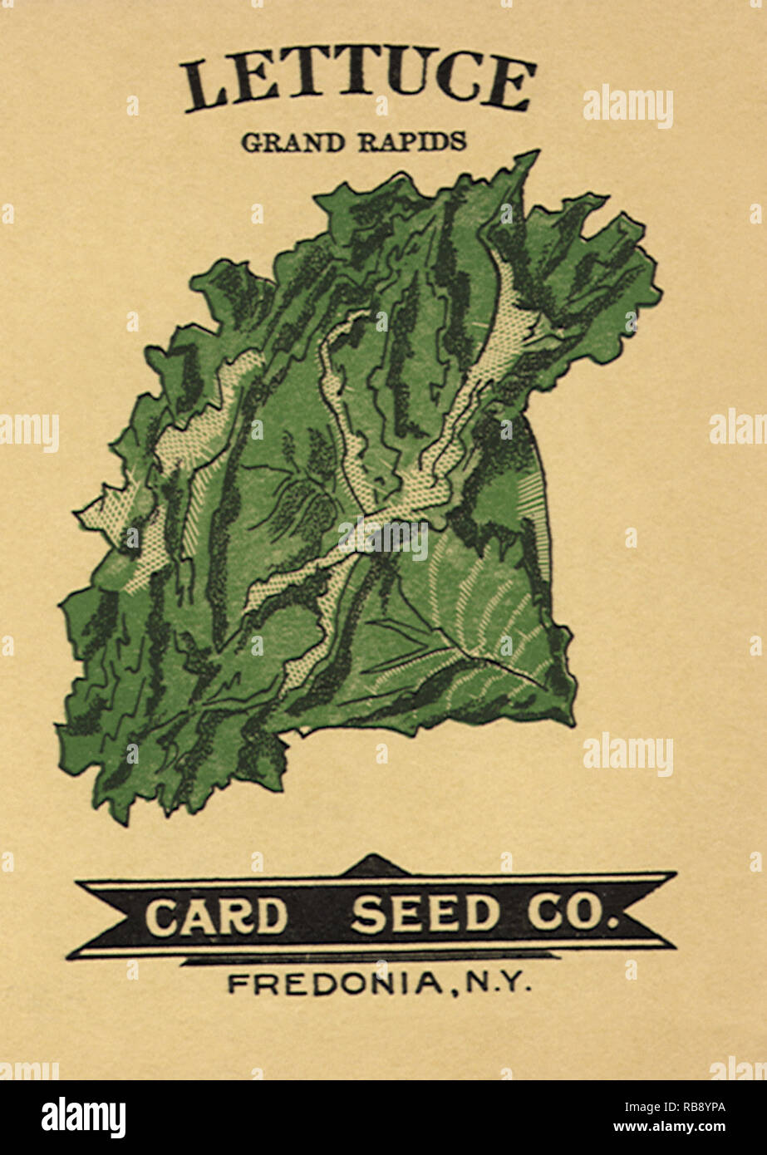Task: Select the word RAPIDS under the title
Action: [x=412, y=142]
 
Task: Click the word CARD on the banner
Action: [x=216, y=916]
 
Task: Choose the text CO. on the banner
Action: [x=573, y=915]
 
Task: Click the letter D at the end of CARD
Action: [x=270, y=916]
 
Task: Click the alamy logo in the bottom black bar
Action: [x=84, y=1118]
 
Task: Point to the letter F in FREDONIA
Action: [x=236, y=985]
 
